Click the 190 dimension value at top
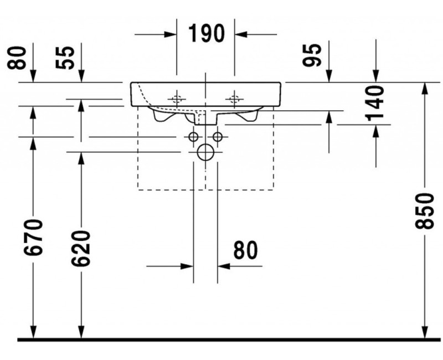207,33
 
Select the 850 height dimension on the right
424,211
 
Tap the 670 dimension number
33,237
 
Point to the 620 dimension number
81,249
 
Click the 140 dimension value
375,103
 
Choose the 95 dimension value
312,55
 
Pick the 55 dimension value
65,58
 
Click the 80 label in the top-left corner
17,58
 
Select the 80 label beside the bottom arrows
245,250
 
